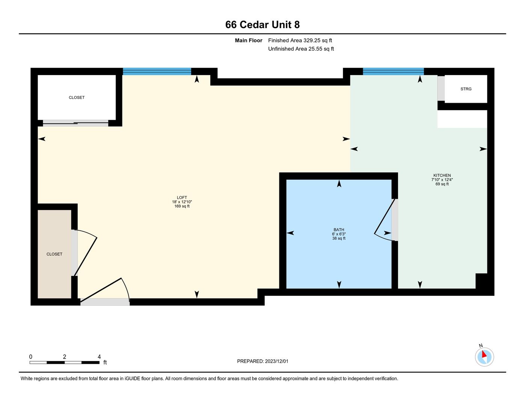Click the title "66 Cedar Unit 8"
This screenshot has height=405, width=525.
[262, 25]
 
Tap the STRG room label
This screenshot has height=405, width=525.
[466, 89]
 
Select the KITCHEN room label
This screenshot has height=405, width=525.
[442, 175]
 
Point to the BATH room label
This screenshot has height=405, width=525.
[339, 229]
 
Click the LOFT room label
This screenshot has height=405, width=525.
[182, 197]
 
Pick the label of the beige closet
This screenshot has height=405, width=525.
[54, 254]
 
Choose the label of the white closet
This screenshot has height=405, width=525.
[77, 97]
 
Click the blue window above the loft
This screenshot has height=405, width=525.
[157, 71]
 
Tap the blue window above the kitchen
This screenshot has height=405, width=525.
[393, 71]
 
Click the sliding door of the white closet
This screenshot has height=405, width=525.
[75, 123]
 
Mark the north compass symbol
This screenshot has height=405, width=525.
[484, 357]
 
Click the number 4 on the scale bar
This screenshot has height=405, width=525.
[99, 357]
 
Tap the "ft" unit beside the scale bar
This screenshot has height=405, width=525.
[105, 362]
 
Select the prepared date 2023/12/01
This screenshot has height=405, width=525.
[276, 361]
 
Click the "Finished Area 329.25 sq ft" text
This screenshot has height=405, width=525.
[300, 40]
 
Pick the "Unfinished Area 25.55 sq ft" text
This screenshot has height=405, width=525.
[301, 49]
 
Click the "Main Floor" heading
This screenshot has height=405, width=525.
[248, 40]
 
